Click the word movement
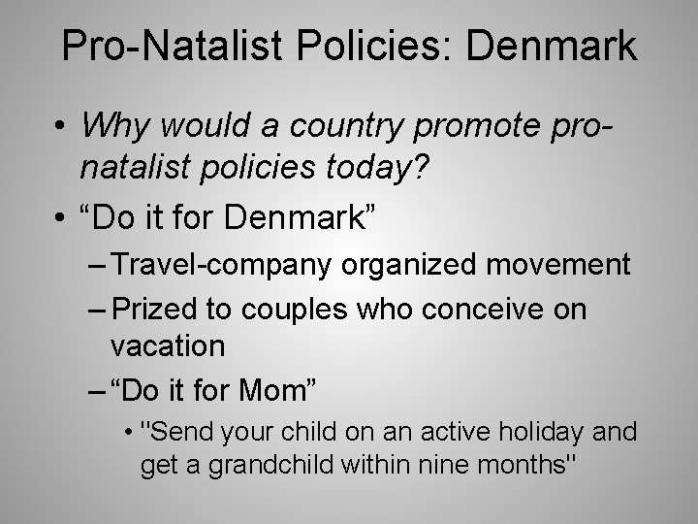point(573,265)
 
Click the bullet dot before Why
point(59,127)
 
